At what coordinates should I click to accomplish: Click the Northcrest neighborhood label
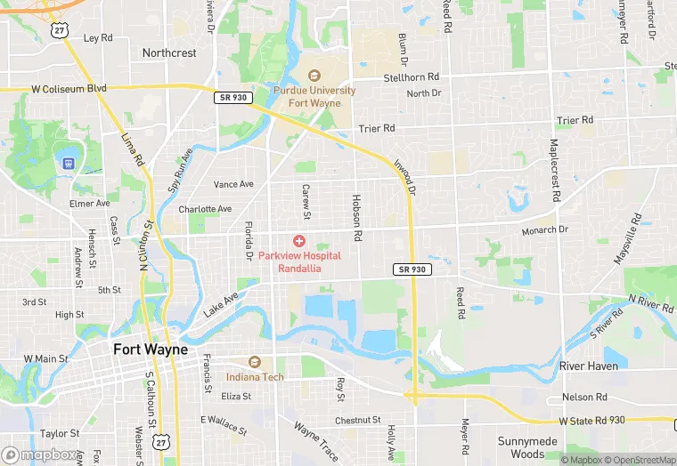pyautogui.click(x=169, y=53)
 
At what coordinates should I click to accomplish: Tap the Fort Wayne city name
pyautogui.click(x=151, y=349)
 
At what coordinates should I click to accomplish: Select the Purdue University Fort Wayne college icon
pyautogui.click(x=314, y=76)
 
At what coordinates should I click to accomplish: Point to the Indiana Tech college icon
pyautogui.click(x=255, y=363)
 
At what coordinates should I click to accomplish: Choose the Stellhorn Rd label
pyautogui.click(x=412, y=77)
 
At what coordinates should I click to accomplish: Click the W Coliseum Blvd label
pyautogui.click(x=69, y=88)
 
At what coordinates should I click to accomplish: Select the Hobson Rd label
pyautogui.click(x=357, y=219)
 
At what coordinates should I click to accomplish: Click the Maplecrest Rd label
pyautogui.click(x=554, y=169)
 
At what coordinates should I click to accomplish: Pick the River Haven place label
pyautogui.click(x=588, y=366)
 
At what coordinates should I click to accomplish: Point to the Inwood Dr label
pyautogui.click(x=404, y=178)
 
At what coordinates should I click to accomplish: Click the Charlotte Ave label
pyautogui.click(x=205, y=209)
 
